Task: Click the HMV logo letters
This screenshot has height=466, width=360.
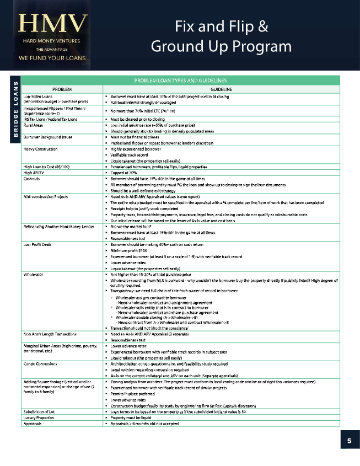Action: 53,24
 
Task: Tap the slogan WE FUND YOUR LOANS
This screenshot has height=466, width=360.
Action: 53,57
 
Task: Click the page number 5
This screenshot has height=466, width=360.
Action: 349,441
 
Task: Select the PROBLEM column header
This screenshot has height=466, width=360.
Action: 63,89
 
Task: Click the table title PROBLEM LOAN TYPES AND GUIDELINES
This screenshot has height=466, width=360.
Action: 180,81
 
